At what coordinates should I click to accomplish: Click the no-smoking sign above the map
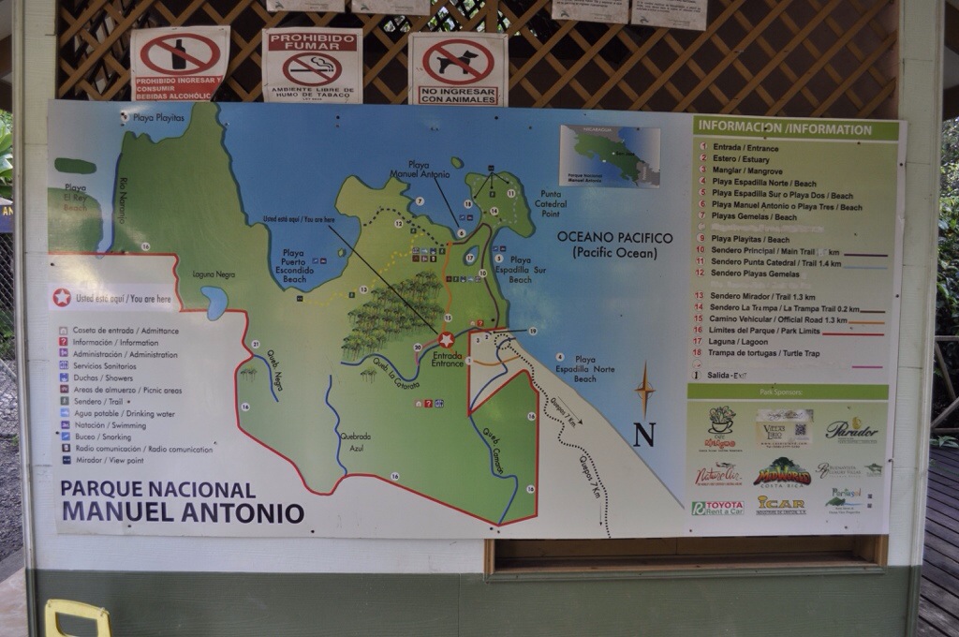[x=312, y=65]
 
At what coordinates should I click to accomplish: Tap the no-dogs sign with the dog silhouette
[x=458, y=67]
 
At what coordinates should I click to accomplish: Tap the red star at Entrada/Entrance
[x=446, y=340]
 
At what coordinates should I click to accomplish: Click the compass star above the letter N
[x=644, y=389]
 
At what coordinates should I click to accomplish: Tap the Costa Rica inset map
[x=609, y=156]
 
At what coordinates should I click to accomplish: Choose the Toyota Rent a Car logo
[x=717, y=507]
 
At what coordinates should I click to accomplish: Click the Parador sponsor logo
[x=851, y=431]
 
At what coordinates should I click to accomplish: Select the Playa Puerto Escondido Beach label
[x=293, y=265]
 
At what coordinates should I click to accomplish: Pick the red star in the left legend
[x=62, y=297]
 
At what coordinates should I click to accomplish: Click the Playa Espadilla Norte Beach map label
[x=584, y=369]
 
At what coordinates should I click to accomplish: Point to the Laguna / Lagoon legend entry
[x=740, y=341]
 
